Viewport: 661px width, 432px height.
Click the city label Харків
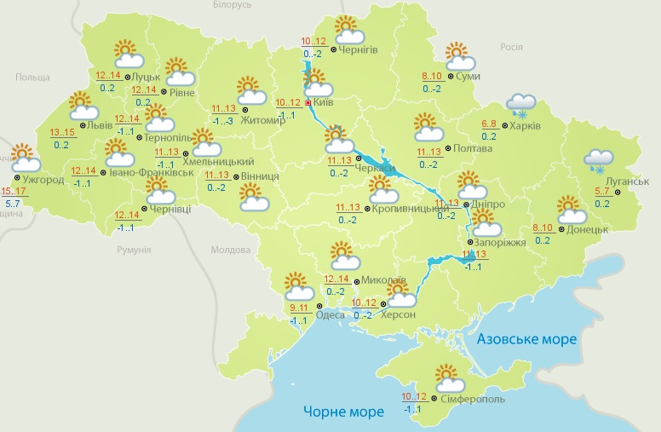[x=526, y=125]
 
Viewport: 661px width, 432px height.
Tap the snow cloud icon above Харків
[x=520, y=105]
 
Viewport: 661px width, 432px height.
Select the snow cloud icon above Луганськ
[x=600, y=159]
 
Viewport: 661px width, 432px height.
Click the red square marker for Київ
[x=308, y=101]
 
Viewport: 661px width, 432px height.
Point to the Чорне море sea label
[x=343, y=412]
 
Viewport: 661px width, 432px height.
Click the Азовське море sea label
[x=526, y=339]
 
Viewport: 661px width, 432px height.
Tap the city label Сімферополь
[x=473, y=399]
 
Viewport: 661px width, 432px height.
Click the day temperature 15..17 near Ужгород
[x=14, y=191]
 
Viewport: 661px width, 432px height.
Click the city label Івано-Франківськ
[x=151, y=172]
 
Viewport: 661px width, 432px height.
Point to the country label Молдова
[x=232, y=251]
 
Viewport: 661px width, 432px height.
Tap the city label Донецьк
[x=587, y=229]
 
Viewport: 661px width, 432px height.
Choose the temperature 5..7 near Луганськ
[x=601, y=192]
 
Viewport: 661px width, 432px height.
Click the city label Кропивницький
[x=405, y=209]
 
